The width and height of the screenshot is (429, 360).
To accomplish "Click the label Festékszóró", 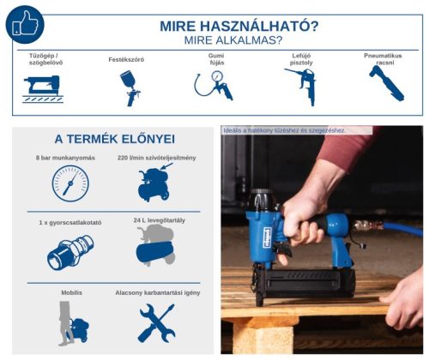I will [127, 59].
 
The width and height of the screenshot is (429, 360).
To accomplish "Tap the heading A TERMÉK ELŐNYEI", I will [114, 139].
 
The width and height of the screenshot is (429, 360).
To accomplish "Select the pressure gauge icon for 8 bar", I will [69, 183].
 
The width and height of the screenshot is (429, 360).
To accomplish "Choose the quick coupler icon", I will [69, 250].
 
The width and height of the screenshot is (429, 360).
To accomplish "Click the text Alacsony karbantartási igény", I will [156, 293].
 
